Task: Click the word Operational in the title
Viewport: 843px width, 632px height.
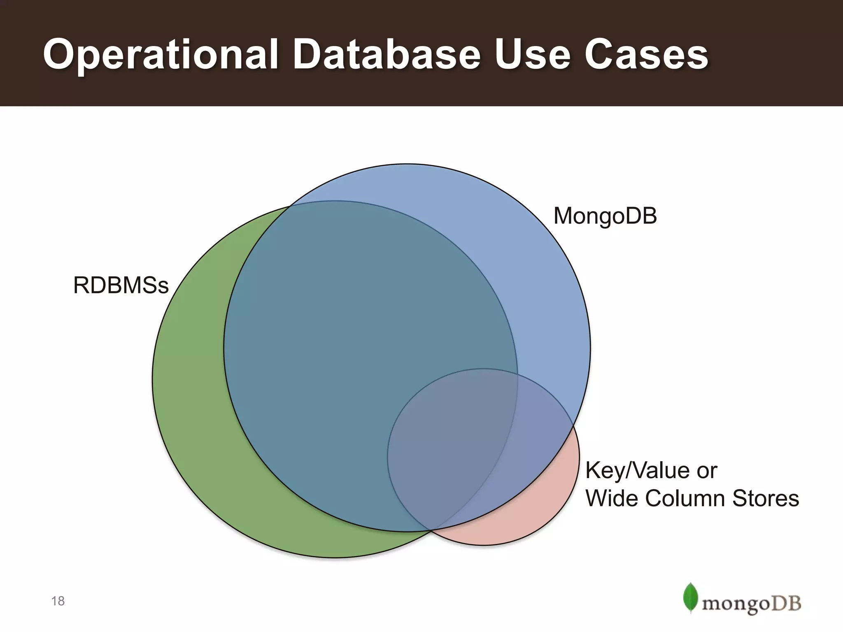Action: tap(161, 54)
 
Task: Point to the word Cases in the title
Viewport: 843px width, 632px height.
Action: tap(646, 54)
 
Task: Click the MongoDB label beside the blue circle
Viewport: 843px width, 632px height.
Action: tap(605, 216)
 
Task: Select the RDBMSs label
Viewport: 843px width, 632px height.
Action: tap(121, 286)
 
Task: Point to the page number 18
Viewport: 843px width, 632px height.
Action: tap(58, 601)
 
